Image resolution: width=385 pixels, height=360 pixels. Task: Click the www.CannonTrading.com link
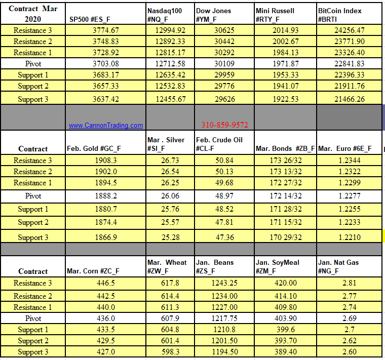(106, 125)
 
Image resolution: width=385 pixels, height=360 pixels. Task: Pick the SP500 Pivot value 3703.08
(106, 64)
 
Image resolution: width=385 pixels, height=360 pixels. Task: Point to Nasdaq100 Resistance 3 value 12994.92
(169, 30)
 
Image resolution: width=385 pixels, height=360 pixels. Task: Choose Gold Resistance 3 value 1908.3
(106, 161)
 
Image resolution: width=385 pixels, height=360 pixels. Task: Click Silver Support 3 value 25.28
(169, 237)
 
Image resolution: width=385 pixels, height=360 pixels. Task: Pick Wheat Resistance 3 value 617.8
(169, 283)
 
